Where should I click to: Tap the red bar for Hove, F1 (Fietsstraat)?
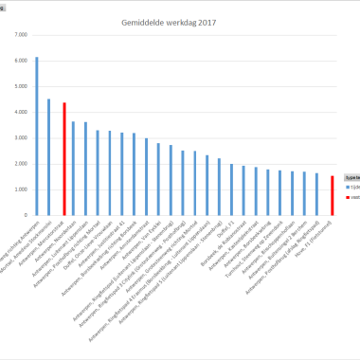[x=333, y=195]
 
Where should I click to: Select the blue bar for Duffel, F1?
[x=231, y=189]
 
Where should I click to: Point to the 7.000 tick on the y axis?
[x=21, y=34]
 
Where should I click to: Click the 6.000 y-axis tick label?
[x=21, y=60]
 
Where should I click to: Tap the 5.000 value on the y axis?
[x=21, y=86]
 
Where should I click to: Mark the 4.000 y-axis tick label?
[x=21, y=112]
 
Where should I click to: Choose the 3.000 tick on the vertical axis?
[x=21, y=137]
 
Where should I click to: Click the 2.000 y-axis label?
[x=21, y=163]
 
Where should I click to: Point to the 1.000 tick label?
[x=21, y=189]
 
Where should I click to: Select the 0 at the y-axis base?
[x=26, y=215]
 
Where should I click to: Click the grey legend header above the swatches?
[x=351, y=177]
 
